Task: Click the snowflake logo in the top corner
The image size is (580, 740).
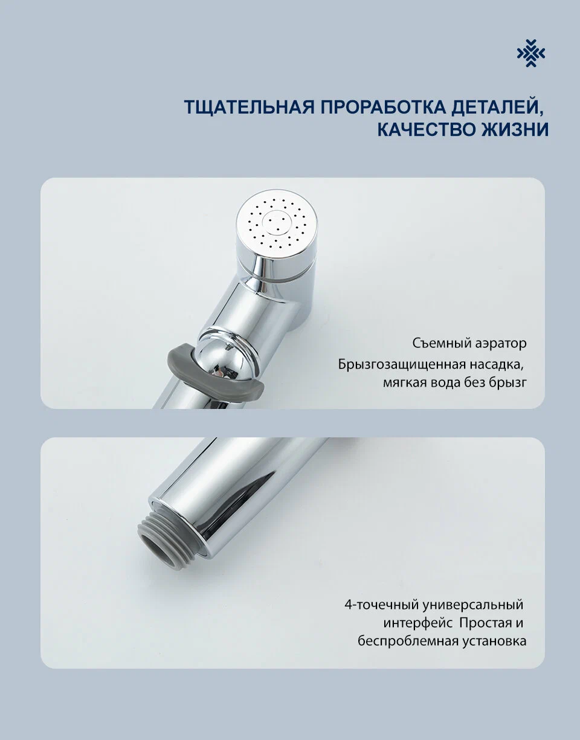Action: [x=530, y=53]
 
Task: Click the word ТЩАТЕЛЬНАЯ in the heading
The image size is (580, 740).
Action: [x=248, y=107]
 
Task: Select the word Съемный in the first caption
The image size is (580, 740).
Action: [x=437, y=344]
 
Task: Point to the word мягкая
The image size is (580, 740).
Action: [x=405, y=383]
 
